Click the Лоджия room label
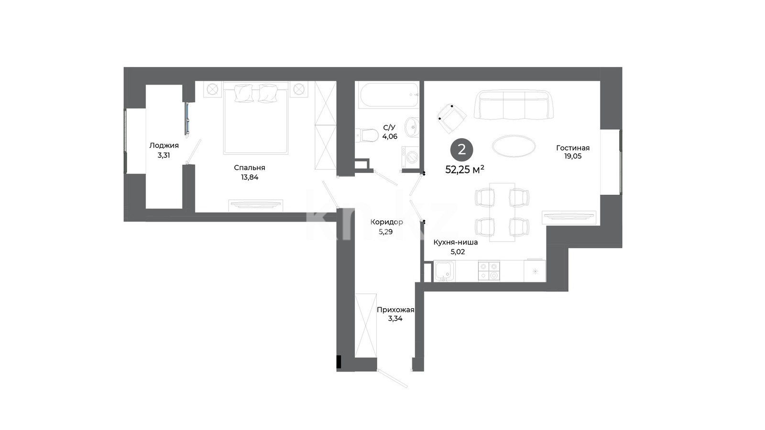click(164, 145)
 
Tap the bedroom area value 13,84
click(250, 177)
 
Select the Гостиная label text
click(573, 148)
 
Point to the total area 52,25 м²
click(465, 169)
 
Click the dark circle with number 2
click(462, 150)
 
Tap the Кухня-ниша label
click(456, 242)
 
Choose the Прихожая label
click(395, 310)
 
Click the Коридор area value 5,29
click(385, 232)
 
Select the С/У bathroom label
click(389, 128)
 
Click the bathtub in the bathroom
click(389, 95)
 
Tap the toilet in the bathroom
click(366, 135)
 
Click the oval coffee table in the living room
click(514, 146)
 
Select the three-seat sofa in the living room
click(514, 105)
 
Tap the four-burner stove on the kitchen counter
click(489, 271)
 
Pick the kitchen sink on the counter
click(444, 271)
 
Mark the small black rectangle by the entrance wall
click(339, 362)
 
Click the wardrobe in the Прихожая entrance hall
click(366, 325)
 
